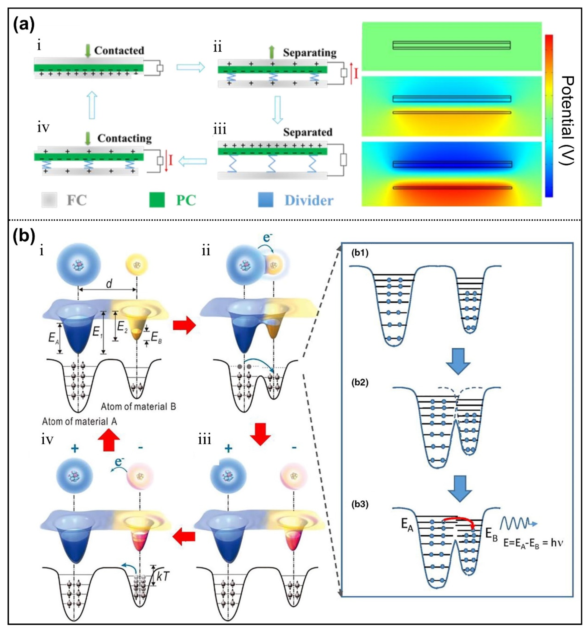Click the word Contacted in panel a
point(119,51)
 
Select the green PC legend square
point(157,200)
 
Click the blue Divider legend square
point(265,200)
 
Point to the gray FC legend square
point(49,200)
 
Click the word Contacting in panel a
point(124,138)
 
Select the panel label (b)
point(24,237)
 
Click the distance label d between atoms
point(109,284)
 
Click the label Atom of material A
point(80,422)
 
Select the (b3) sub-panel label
point(360,505)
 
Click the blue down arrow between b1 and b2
point(458,361)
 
